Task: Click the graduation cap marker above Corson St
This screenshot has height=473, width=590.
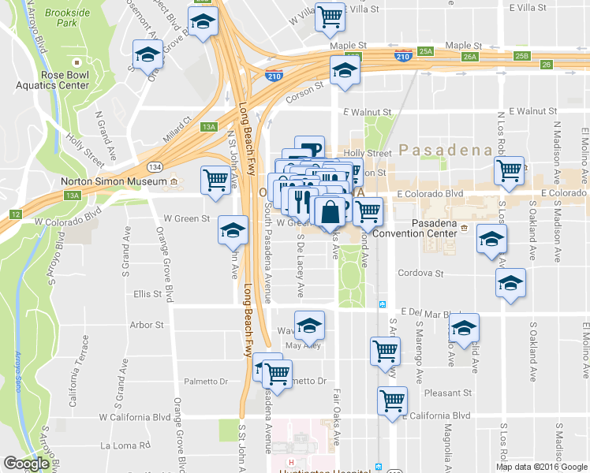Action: pyautogui.click(x=344, y=71)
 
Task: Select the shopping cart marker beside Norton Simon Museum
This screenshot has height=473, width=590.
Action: pyautogui.click(x=215, y=179)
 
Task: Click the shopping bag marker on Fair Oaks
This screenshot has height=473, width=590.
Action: pyautogui.click(x=330, y=211)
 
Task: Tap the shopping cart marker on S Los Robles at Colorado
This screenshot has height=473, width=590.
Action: pyautogui.click(x=510, y=169)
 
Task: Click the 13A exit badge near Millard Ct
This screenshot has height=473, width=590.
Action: pyautogui.click(x=208, y=126)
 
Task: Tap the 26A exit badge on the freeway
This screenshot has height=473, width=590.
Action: pyautogui.click(x=471, y=57)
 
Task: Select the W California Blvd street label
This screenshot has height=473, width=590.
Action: pyautogui.click(x=129, y=416)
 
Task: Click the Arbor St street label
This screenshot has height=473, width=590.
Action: pyautogui.click(x=146, y=324)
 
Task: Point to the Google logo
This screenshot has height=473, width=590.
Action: pyautogui.click(x=27, y=464)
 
